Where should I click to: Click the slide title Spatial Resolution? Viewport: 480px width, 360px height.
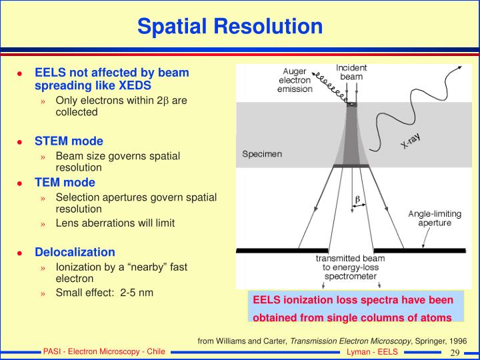[230, 26]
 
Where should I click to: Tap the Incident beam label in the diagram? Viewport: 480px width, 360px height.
[351, 72]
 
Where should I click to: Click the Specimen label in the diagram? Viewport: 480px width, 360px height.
[261, 154]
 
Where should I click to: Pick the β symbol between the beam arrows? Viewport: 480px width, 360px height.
[357, 199]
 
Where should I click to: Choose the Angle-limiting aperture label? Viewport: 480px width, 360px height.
[434, 218]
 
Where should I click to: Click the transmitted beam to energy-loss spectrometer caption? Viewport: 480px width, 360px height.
[351, 267]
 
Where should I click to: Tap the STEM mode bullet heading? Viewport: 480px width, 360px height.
[69, 141]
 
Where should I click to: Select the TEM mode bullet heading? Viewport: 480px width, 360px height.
[65, 182]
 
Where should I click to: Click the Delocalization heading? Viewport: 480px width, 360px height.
[75, 252]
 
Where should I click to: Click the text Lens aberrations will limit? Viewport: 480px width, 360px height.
[115, 223]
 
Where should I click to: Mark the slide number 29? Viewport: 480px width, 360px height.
[456, 352]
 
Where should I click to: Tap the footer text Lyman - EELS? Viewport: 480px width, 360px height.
[372, 352]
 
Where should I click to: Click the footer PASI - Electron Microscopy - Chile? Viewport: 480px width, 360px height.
[104, 352]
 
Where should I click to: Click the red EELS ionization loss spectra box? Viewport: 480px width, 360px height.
[353, 308]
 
